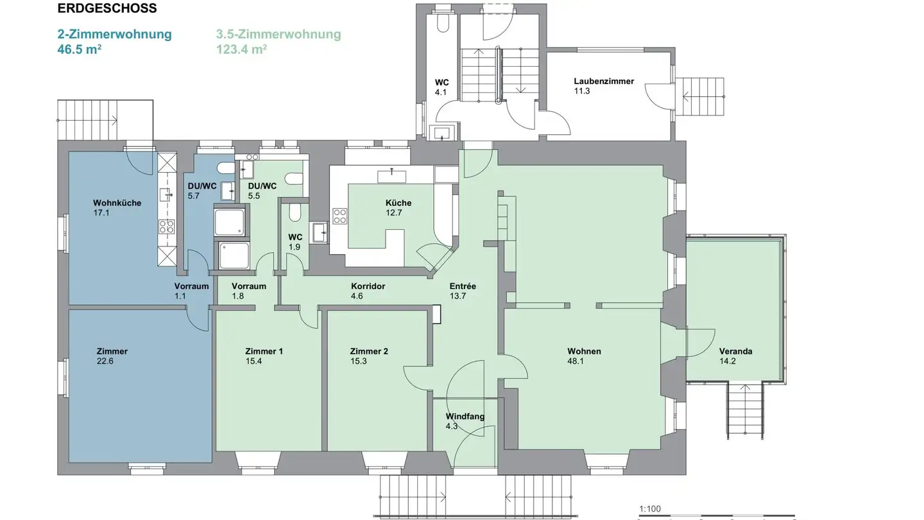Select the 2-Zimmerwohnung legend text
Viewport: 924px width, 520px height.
tap(114, 34)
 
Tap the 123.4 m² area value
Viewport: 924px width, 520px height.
tap(241, 49)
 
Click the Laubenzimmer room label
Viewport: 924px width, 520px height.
tap(603, 81)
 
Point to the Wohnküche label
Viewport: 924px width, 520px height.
tap(117, 203)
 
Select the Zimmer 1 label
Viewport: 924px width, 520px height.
tap(264, 351)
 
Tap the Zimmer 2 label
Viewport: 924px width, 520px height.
tap(368, 351)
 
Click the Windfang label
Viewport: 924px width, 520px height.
tap(465, 417)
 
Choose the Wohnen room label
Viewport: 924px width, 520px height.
tap(584, 351)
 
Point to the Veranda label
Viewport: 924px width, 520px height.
tap(735, 351)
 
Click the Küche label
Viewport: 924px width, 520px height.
tap(398, 203)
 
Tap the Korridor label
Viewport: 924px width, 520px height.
tap(368, 286)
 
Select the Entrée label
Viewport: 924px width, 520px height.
tap(463, 286)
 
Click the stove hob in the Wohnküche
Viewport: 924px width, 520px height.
tap(167, 226)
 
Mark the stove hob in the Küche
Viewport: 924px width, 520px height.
tap(339, 216)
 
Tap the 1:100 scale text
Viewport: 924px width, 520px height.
tap(649, 509)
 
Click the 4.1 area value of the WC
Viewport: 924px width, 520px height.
tap(440, 92)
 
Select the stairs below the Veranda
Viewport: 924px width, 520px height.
tap(745, 411)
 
